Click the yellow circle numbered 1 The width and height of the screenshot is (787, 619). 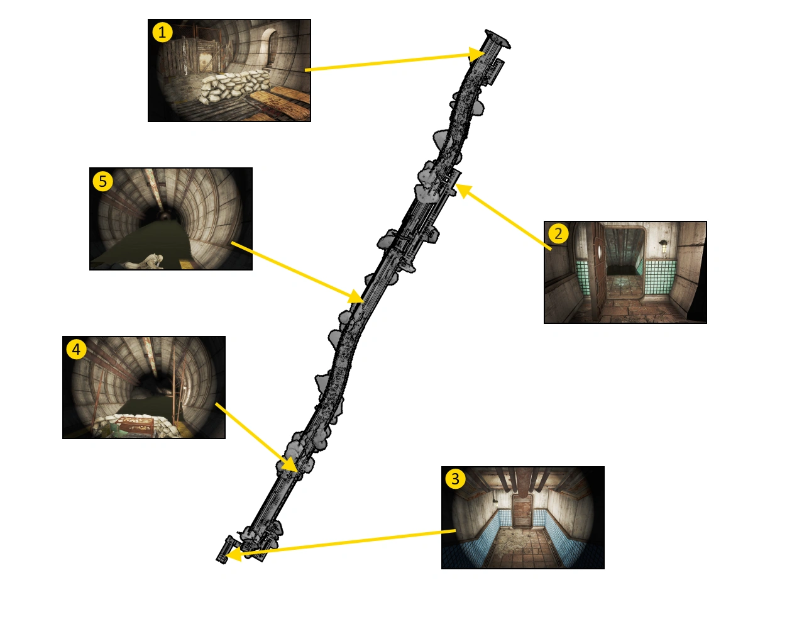[162, 33]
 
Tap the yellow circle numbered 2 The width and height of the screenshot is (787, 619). [558, 233]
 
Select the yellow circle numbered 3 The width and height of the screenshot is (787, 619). [455, 479]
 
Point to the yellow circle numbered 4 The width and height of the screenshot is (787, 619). [76, 349]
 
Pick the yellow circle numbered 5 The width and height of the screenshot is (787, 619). [103, 181]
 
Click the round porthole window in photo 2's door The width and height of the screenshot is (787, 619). [599, 250]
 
